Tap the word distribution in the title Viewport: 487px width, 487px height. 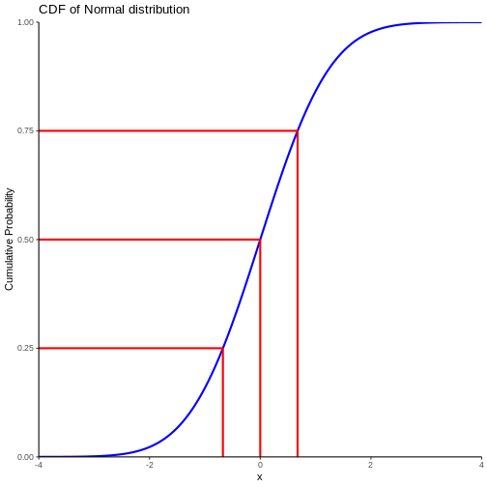point(159,10)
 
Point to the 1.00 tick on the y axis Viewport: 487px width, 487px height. point(26,22)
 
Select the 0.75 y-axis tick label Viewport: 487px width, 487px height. point(26,130)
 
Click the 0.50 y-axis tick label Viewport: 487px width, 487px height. point(26,240)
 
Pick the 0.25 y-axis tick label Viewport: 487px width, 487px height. point(26,348)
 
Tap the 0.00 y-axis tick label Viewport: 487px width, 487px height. point(26,457)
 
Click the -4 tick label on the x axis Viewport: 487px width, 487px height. point(39,465)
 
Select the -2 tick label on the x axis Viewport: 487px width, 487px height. point(149,465)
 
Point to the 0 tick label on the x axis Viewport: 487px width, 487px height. point(260,465)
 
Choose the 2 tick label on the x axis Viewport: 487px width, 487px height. point(371,465)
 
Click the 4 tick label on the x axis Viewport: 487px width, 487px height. point(481,465)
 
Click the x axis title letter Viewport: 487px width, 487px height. point(260,477)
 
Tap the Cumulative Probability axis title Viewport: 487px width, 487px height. point(9,239)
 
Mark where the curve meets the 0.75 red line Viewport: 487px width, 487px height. point(298,130)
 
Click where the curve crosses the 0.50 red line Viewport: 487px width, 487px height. point(260,240)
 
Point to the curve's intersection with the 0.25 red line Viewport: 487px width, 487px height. point(222,348)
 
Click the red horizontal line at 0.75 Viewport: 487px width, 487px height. point(168,130)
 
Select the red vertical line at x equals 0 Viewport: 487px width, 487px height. point(260,348)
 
